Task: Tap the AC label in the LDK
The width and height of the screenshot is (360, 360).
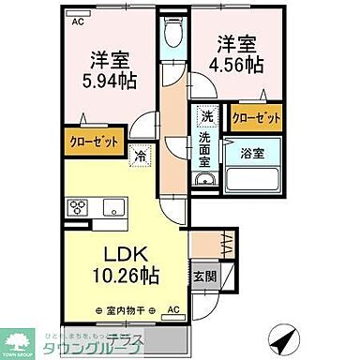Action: [x=172, y=309]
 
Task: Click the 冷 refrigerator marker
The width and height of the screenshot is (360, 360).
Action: [x=139, y=157]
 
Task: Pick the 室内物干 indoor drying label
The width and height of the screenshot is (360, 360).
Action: [x=127, y=309]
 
